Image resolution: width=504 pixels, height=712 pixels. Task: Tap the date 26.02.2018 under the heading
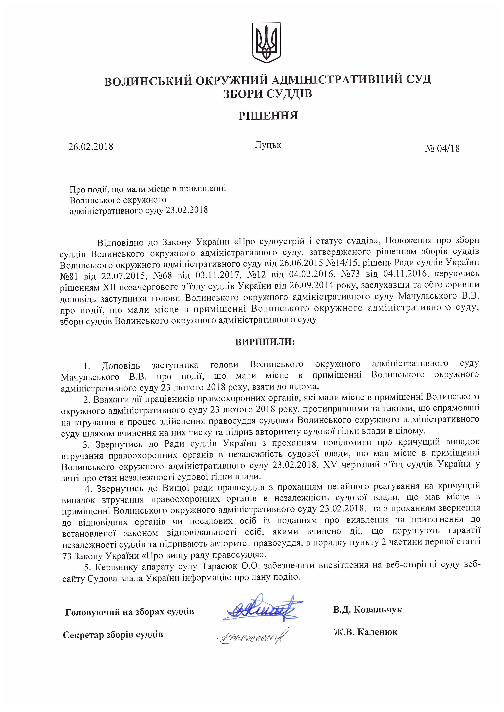pyautogui.click(x=91, y=146)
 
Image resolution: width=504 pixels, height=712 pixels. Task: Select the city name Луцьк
pyautogui.click(x=268, y=145)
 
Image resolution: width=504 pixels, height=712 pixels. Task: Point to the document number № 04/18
pyautogui.click(x=442, y=148)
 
